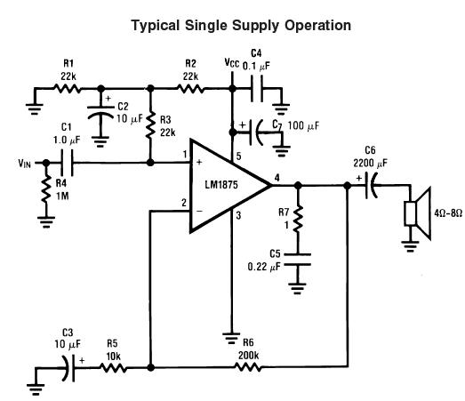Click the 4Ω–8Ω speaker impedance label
click(445, 213)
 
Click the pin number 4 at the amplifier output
click(278, 178)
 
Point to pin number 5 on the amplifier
click(238, 158)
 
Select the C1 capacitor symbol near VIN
click(65, 164)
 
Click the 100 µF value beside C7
click(301, 127)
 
